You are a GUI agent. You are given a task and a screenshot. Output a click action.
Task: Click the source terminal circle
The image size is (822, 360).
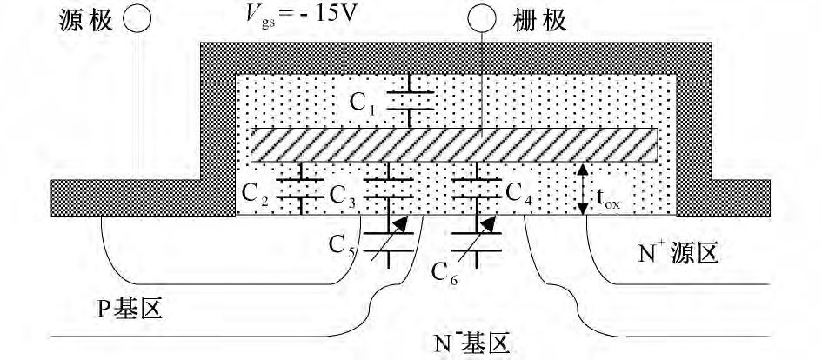click(x=136, y=18)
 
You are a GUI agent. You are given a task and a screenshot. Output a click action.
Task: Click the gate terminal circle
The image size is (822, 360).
click(x=483, y=18)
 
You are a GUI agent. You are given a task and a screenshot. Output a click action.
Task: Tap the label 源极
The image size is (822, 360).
click(x=81, y=18)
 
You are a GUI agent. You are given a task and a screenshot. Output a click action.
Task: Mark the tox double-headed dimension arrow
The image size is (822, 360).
click(x=583, y=190)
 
